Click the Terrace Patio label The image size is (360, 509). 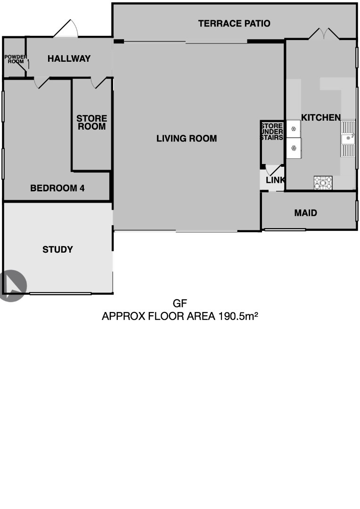tap(234, 24)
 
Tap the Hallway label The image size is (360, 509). tap(69, 58)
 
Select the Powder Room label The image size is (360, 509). tap(16, 59)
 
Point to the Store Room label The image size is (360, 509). tap(91, 123)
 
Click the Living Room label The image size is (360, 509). tap(187, 139)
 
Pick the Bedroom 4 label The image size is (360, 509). tap(57, 188)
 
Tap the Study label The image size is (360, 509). tap(57, 249)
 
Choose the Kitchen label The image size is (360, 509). tap(321, 117)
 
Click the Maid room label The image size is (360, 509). tap(305, 213)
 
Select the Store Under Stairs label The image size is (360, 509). tap(272, 131)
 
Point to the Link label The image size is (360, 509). tap(275, 180)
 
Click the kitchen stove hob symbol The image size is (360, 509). tap(323, 182)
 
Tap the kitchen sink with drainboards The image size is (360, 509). tap(348, 138)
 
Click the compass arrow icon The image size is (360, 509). tap(13, 286)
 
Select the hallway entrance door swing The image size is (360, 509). tap(66, 28)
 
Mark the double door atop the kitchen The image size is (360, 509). tap(324, 34)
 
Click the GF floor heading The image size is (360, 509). tap(180, 304)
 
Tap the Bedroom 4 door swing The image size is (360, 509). tap(41, 82)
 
